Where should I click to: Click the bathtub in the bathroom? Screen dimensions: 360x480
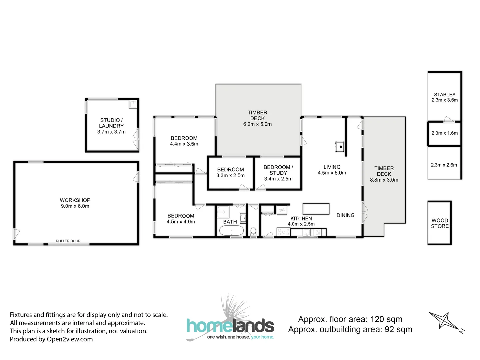[x=231, y=230]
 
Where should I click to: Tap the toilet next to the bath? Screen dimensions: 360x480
[x=253, y=231]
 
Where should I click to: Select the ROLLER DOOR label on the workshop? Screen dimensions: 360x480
[x=68, y=241]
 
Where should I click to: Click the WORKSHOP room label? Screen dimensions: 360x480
[x=75, y=200]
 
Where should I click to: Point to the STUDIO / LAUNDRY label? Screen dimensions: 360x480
[x=111, y=123]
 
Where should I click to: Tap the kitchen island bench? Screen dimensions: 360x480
[x=316, y=209]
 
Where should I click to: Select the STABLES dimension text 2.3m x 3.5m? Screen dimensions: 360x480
[x=444, y=100]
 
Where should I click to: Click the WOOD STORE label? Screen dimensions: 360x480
[x=440, y=223]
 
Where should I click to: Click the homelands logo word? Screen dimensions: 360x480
[x=230, y=326]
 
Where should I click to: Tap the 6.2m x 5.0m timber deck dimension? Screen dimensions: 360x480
[x=257, y=124]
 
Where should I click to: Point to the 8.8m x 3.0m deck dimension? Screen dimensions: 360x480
[x=384, y=180]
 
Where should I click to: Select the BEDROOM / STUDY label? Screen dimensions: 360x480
[x=278, y=170]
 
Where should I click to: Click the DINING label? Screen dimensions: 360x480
[x=345, y=215]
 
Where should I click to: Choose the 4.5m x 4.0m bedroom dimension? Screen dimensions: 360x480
[x=181, y=222]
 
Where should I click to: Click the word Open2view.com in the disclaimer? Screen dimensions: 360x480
[x=70, y=339]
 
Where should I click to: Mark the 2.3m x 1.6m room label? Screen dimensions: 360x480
[x=444, y=133]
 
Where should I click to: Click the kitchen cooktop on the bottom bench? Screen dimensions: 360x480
[x=284, y=232]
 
